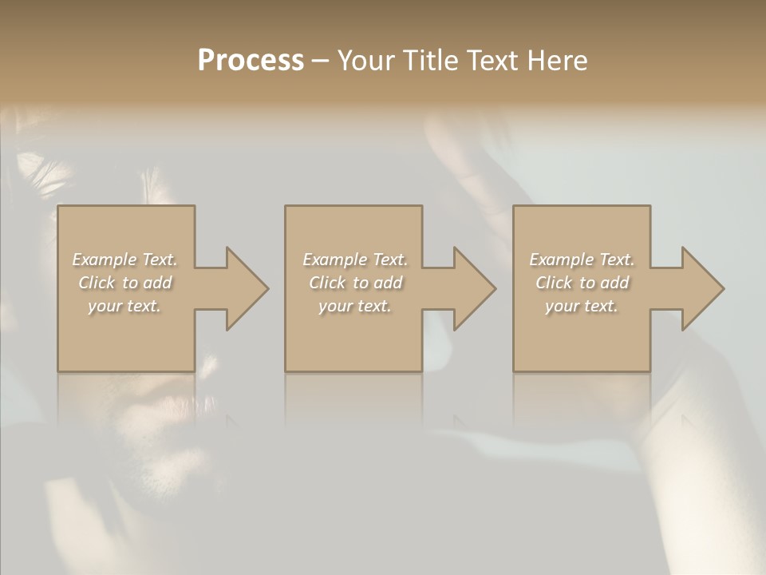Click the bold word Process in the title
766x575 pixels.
(251, 61)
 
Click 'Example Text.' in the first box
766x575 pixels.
(124, 260)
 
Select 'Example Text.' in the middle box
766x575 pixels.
(355, 260)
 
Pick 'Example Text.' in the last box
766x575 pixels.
(582, 260)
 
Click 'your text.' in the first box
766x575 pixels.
(124, 306)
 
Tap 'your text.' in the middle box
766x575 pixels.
(355, 306)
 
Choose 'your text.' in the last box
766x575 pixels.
(582, 306)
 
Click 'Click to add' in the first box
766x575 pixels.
(124, 283)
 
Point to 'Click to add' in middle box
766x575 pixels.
(355, 283)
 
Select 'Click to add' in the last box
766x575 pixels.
(582, 283)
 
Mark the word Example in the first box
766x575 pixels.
(105, 260)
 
